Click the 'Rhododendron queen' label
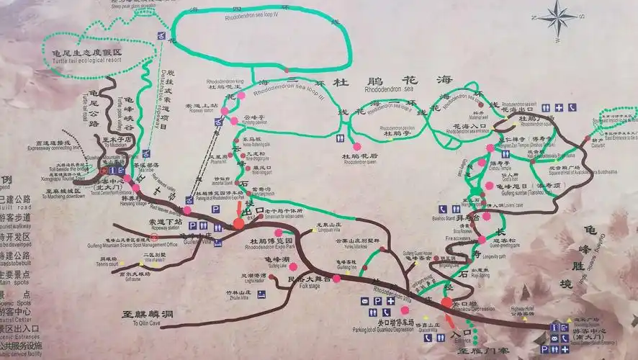[x=360, y=162]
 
